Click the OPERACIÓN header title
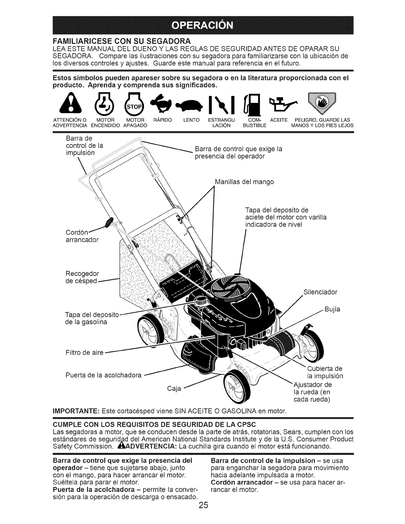[202, 25]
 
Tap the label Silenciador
[320, 292]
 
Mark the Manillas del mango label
[244, 182]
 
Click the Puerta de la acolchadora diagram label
[104, 375]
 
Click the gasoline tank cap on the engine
[201, 301]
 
